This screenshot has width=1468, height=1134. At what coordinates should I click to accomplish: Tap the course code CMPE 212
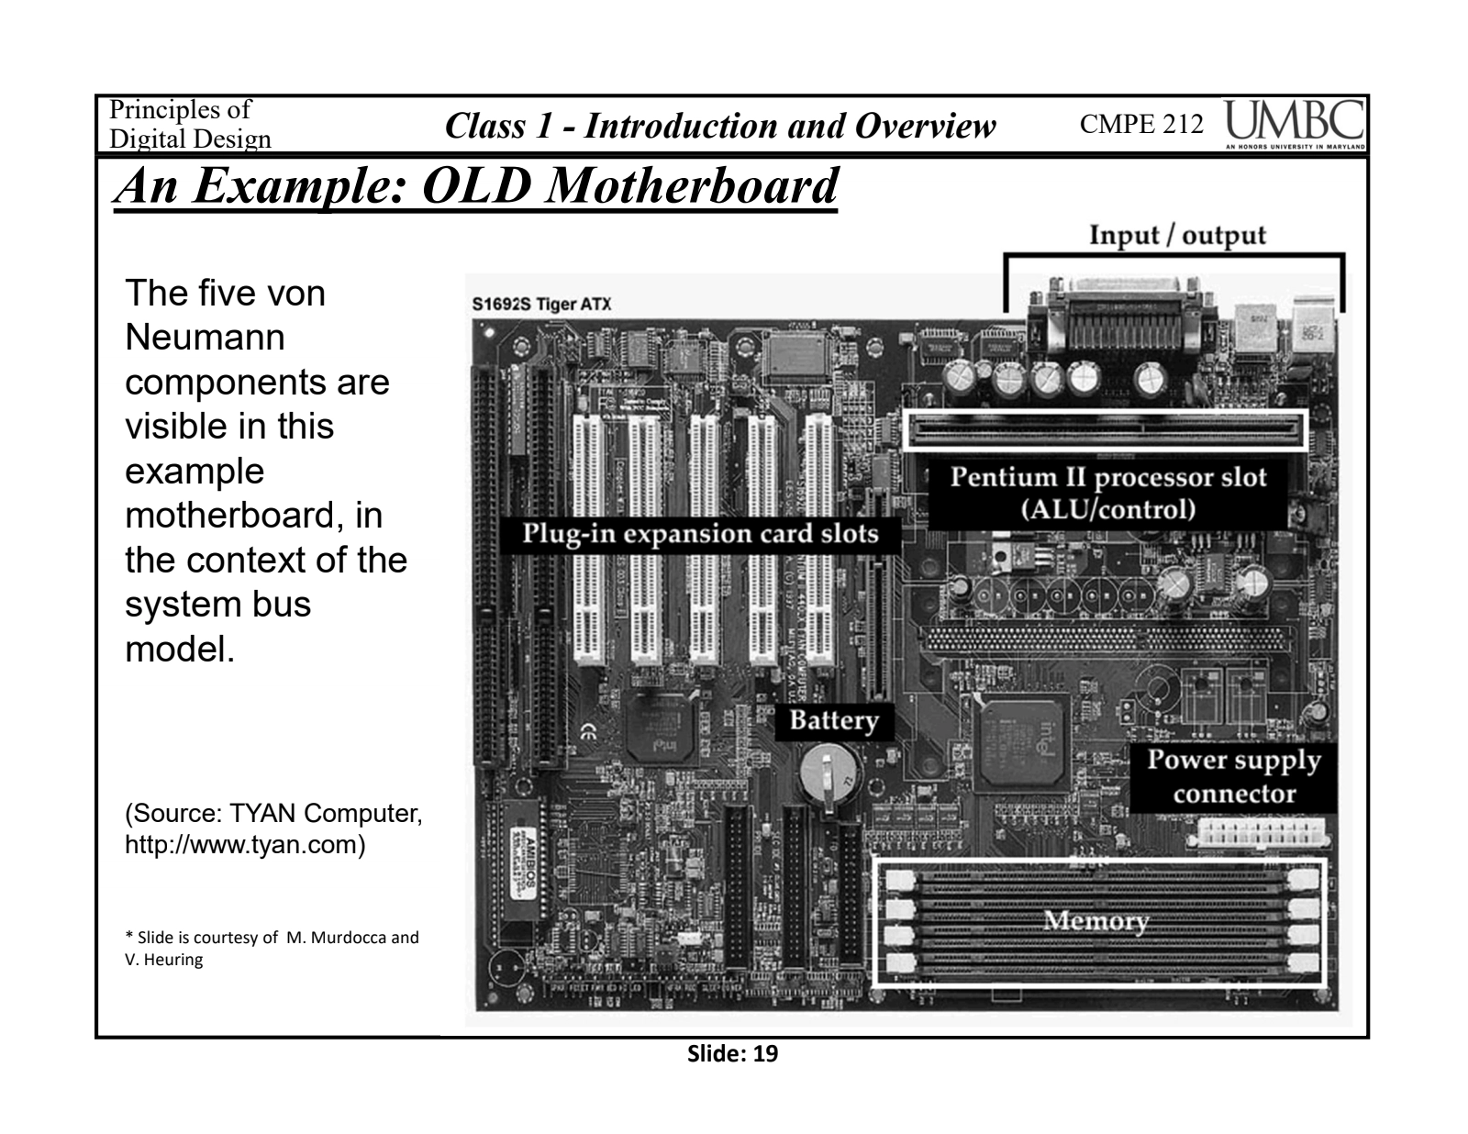[1141, 125]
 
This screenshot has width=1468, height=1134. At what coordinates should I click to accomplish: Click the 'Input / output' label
[1177, 235]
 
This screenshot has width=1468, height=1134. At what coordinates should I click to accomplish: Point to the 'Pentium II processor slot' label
[1107, 478]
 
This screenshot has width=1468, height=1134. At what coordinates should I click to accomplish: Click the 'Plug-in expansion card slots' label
[700, 534]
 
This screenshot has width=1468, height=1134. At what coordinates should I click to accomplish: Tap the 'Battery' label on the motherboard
[833, 720]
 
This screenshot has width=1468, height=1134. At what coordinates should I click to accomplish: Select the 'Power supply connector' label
[1233, 776]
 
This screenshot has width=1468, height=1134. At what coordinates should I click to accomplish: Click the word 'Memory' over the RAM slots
[1095, 920]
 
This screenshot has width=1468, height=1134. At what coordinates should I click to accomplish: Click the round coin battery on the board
[828, 776]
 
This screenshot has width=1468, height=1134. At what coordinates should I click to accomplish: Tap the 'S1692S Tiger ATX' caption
[541, 304]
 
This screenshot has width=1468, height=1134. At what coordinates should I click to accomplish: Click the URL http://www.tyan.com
[245, 844]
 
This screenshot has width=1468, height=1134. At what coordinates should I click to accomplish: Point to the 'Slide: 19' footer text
[732, 1054]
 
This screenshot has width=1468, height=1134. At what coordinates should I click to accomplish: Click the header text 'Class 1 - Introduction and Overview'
[720, 126]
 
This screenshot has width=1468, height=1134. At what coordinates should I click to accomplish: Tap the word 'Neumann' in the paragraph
[205, 338]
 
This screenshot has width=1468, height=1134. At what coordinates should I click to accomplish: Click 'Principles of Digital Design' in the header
[190, 125]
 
